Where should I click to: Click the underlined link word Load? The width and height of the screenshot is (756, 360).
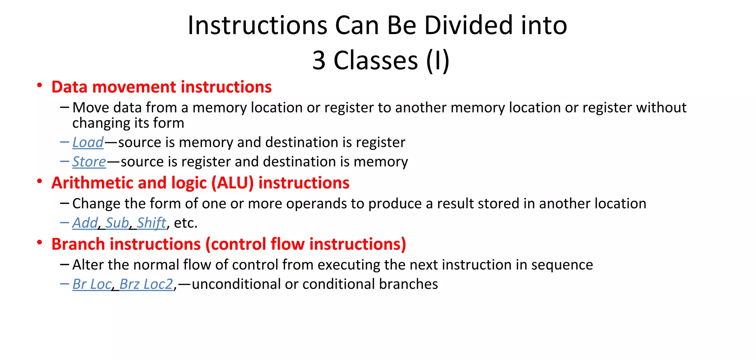[88, 143]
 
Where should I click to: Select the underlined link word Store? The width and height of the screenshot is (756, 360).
[89, 162]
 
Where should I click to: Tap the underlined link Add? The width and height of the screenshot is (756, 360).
[85, 223]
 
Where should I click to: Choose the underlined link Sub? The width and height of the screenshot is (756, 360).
[117, 223]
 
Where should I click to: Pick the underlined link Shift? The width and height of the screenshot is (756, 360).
[151, 223]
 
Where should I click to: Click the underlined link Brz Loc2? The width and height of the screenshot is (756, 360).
[146, 284]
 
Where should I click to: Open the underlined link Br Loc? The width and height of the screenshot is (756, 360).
[92, 284]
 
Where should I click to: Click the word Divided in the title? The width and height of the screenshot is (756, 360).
[468, 25]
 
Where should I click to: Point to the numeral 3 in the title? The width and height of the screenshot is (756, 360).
[319, 60]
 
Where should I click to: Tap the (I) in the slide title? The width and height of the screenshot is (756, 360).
[437, 60]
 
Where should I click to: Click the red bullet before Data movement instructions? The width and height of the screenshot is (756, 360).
[39, 85]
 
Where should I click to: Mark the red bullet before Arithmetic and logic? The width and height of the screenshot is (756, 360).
[39, 181]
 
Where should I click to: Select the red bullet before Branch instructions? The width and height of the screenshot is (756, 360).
[39, 243]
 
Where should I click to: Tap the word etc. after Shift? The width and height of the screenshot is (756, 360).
[186, 223]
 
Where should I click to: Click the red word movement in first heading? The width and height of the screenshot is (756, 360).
[134, 87]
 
